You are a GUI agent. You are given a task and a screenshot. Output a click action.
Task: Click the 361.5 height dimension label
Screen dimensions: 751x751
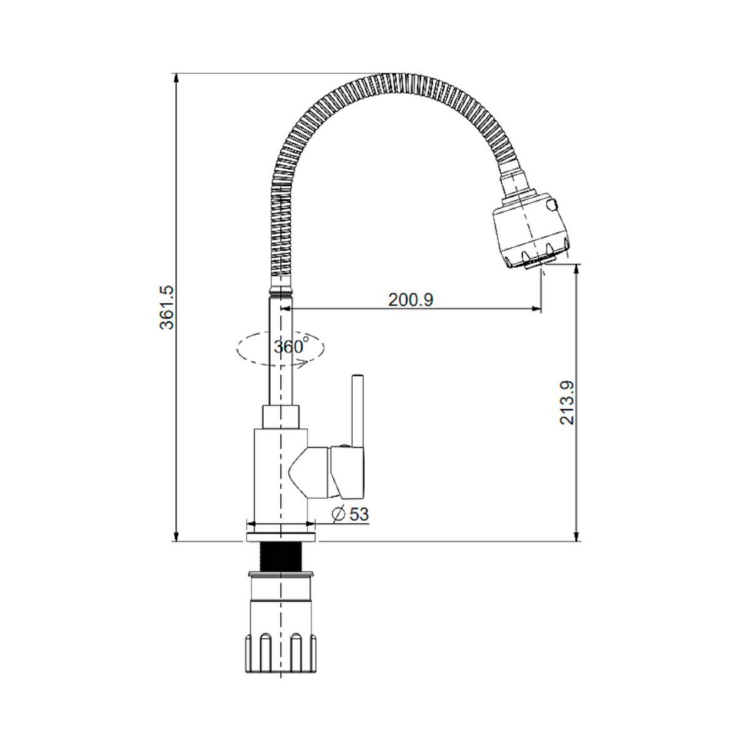(x=167, y=308)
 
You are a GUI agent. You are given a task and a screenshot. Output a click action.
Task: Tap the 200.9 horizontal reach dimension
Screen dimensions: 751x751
(x=411, y=300)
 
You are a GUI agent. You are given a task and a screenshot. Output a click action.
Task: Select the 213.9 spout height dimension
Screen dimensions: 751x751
(x=566, y=402)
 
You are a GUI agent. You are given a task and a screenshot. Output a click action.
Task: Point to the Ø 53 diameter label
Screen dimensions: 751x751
(x=350, y=514)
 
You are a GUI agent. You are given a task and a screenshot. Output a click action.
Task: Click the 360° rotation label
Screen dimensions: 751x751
(x=291, y=345)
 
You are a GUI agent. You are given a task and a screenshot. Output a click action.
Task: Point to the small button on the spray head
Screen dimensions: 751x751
(x=553, y=204)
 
